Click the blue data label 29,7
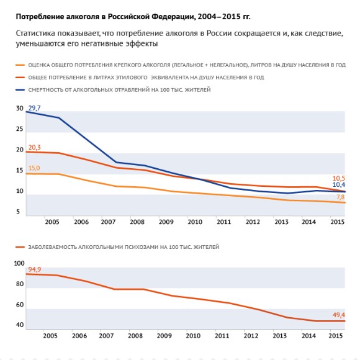34,108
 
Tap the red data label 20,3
34,147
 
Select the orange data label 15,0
34,168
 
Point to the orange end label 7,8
341,197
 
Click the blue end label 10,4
339,184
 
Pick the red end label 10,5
339,178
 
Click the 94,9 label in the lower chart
35,269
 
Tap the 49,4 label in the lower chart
339,315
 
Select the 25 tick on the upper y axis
20,129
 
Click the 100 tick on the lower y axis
19,263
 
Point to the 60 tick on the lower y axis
20,305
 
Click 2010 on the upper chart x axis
195,222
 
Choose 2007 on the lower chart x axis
106,336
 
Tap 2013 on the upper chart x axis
281,222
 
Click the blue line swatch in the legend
20,90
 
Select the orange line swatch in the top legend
20,65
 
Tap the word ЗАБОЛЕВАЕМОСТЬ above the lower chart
52,247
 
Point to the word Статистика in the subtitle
35,34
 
